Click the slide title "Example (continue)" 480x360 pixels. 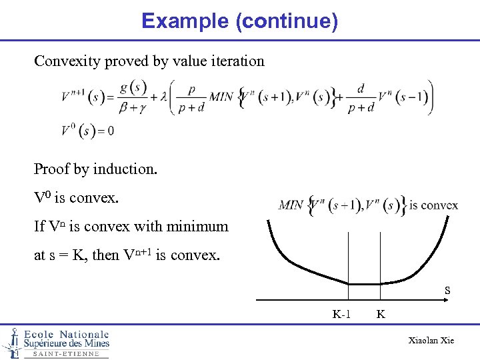[239, 21]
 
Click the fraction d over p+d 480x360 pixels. [361, 97]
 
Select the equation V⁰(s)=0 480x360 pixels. [88, 130]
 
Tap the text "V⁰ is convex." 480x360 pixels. [79, 198]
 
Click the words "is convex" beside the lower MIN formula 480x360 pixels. [434, 205]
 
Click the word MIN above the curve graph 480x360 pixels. [290, 205]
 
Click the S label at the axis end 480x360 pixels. [447, 291]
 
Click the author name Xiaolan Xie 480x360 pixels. [431, 341]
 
